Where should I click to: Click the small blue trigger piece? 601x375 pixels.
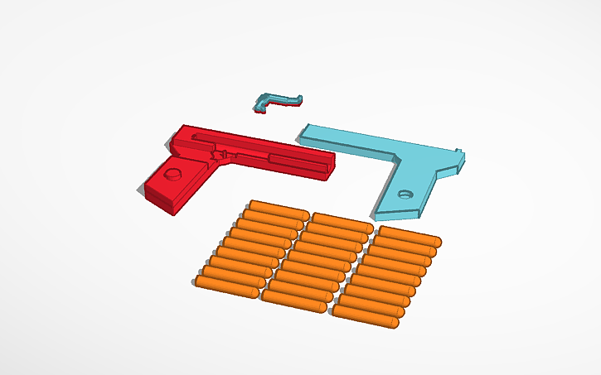click(x=275, y=101)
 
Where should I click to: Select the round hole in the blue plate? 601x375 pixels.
click(x=405, y=195)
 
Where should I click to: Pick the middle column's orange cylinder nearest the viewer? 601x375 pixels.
click(x=297, y=296)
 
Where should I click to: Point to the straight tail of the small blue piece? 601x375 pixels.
click(x=290, y=99)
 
